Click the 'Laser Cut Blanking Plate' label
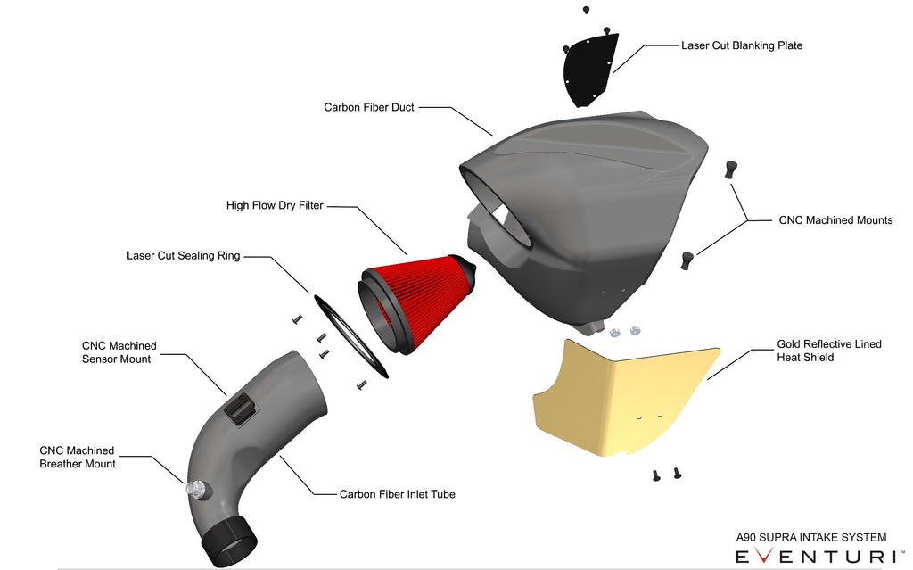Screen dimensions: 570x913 click(x=741, y=45)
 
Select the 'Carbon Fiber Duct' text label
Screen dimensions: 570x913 click(x=368, y=107)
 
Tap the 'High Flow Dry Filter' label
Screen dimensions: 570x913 click(x=275, y=206)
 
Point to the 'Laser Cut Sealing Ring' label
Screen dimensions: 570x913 click(x=183, y=256)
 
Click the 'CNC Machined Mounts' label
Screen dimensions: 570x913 click(x=835, y=220)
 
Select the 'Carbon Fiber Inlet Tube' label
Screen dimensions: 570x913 click(x=397, y=494)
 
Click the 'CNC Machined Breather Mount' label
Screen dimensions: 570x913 click(x=78, y=458)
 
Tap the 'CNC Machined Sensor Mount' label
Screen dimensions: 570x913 click(x=119, y=352)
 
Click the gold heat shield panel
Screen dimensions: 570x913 click(x=624, y=397)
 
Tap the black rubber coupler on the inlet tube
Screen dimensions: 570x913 click(x=228, y=540)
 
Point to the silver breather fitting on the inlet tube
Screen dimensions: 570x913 click(x=196, y=489)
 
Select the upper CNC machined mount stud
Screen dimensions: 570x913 click(x=732, y=169)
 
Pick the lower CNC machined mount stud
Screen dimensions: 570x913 click(x=687, y=260)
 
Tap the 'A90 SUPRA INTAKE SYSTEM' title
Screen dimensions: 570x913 click(x=810, y=537)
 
